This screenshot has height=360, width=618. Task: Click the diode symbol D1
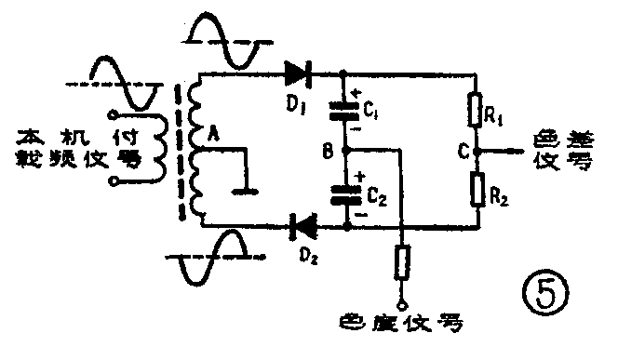point(297,71)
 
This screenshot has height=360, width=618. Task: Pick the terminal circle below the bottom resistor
point(400,303)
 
